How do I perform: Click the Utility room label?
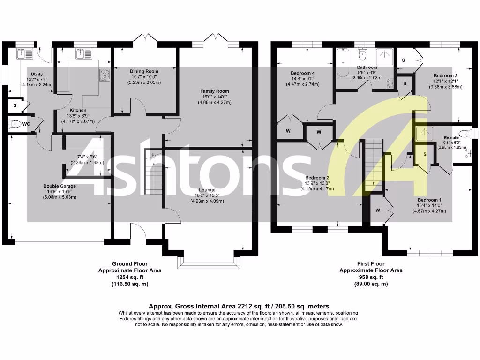(x=36, y=75)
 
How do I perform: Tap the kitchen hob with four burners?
(x=104, y=74)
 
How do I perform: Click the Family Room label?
(x=214, y=91)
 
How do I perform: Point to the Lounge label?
(x=206, y=190)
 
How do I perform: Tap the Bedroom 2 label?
(x=317, y=178)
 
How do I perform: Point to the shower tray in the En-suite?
(x=425, y=135)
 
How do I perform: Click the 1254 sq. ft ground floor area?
(x=130, y=277)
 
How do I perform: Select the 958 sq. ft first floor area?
(x=370, y=277)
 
